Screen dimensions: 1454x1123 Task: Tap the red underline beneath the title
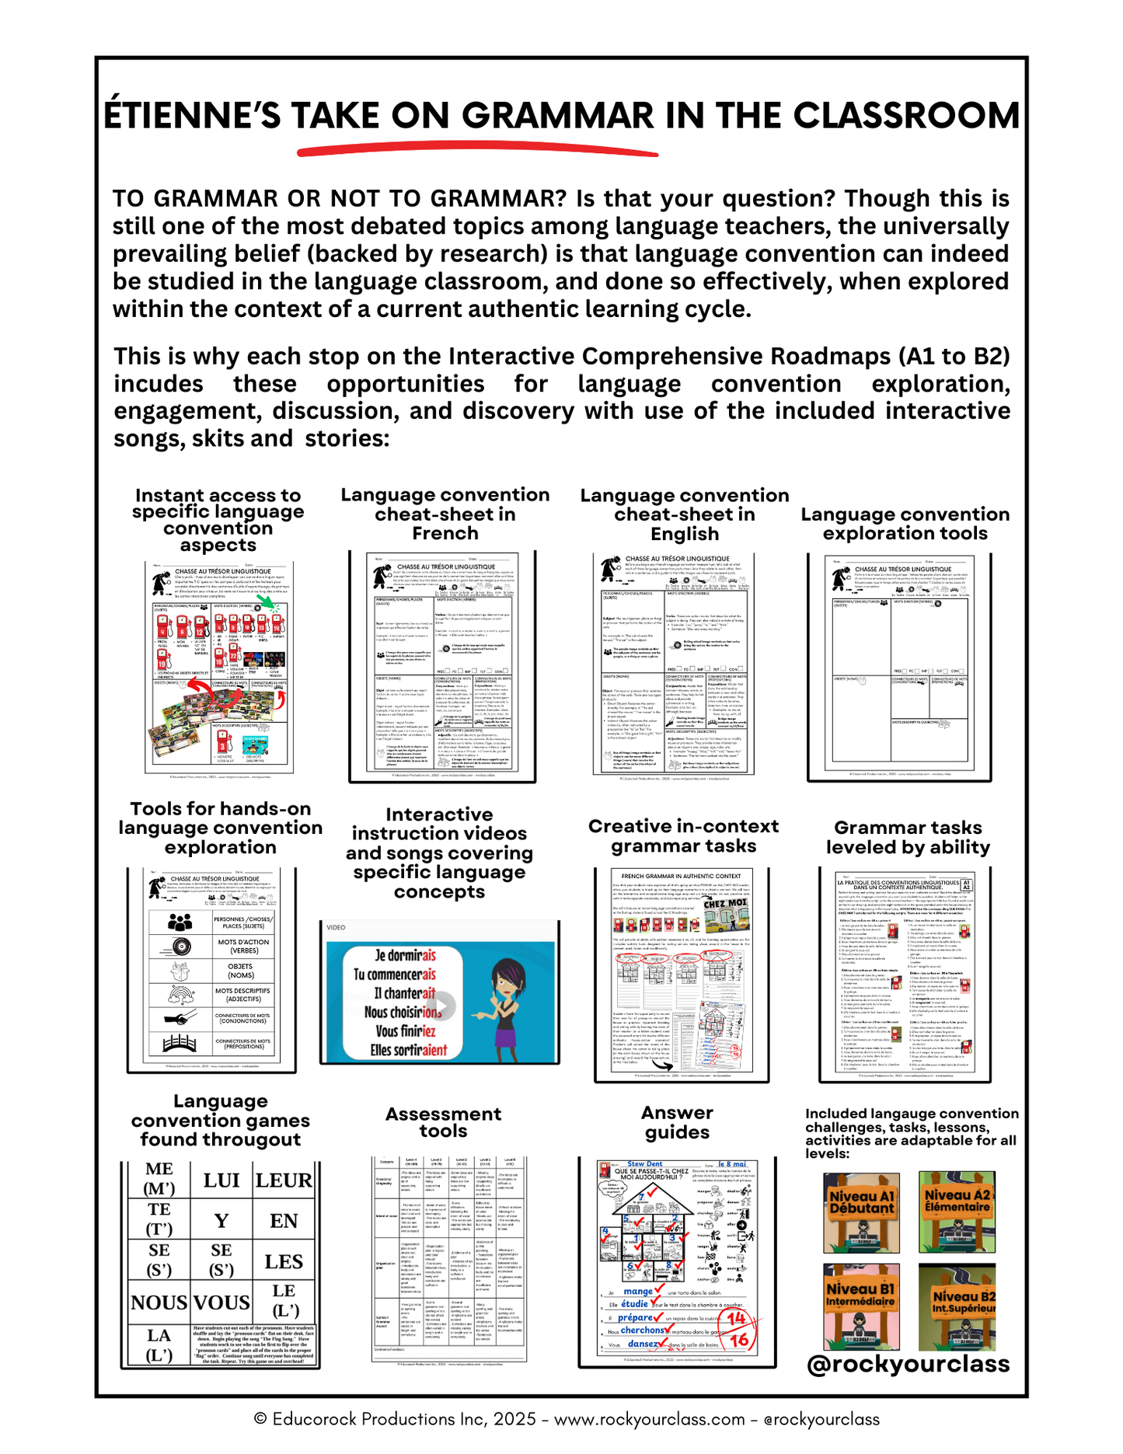click(x=477, y=148)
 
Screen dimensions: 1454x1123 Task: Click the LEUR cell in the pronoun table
click(x=284, y=1180)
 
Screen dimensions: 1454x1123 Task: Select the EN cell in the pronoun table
click(x=284, y=1221)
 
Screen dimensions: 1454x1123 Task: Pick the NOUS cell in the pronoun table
click(x=159, y=1302)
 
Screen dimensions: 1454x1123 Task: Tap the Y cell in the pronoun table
click(x=221, y=1221)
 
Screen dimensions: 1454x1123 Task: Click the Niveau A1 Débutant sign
click(x=861, y=1212)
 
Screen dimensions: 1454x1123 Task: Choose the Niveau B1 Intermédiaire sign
click(x=861, y=1306)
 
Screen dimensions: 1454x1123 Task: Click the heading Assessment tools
click(x=443, y=1122)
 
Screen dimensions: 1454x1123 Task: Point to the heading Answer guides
click(x=677, y=1122)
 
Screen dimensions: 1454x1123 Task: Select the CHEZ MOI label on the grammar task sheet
click(x=725, y=904)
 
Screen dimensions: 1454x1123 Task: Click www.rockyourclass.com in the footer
click(x=649, y=1419)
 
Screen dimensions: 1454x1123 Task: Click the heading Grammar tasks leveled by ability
click(x=908, y=837)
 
